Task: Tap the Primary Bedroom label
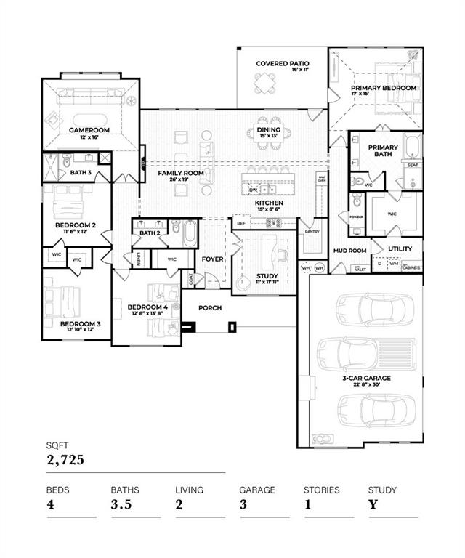[383, 88]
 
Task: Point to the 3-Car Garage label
[367, 378]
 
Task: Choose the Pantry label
[312, 232]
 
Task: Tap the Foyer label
[212, 259]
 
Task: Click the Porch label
[211, 308]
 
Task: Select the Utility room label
[400, 248]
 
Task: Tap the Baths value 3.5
[121, 505]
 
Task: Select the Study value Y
[372, 505]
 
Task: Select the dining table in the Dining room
[268, 133]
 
